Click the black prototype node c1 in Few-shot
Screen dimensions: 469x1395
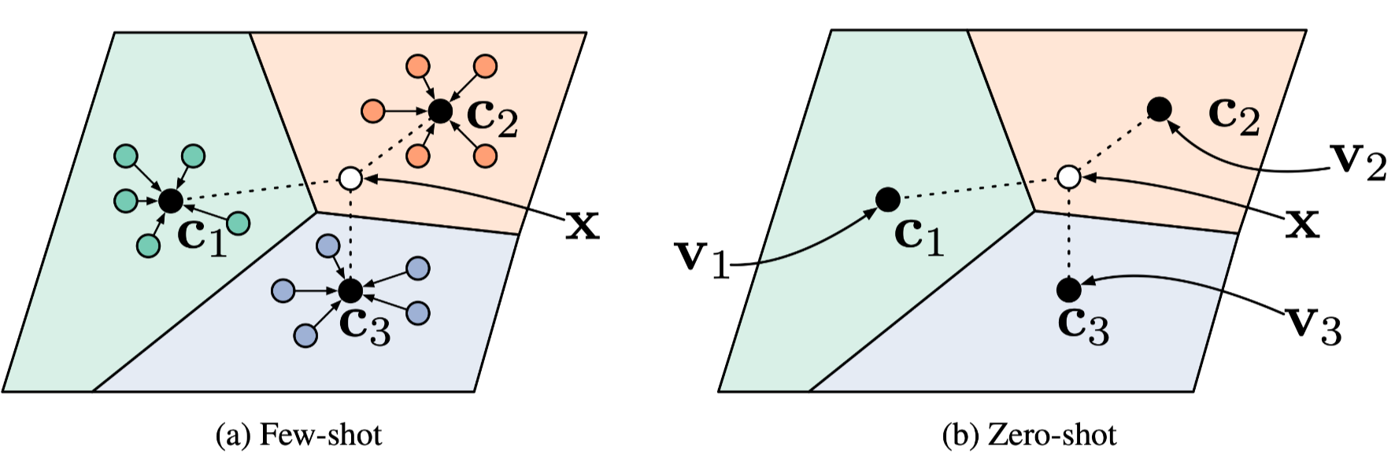[x=170, y=201]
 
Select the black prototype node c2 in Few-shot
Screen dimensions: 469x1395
[x=440, y=111]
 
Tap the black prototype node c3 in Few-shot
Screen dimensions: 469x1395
[x=350, y=291]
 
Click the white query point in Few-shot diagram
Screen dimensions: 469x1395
[x=350, y=179]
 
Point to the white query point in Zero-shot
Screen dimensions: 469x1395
[x=1068, y=177]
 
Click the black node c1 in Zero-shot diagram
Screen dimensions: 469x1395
[x=888, y=200]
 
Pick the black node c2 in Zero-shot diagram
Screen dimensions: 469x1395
[x=1159, y=109]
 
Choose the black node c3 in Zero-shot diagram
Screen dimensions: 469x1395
[x=1068, y=290]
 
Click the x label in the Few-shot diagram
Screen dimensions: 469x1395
[x=583, y=227]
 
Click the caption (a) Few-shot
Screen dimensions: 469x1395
[x=298, y=435]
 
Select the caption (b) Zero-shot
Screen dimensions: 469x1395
[x=1029, y=435]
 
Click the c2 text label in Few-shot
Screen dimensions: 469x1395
[x=492, y=118]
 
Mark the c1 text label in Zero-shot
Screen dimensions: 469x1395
[x=920, y=236]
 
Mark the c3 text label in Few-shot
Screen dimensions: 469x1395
[x=364, y=325]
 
